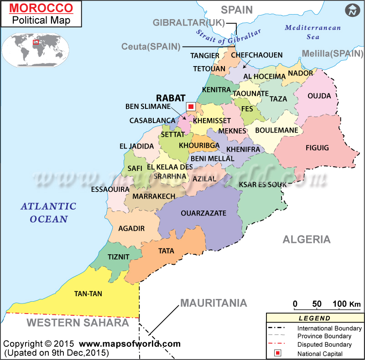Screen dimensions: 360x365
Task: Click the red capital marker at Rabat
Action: pos(191,106)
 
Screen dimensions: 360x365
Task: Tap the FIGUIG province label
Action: pos(317,148)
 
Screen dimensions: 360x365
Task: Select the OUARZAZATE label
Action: pos(203,213)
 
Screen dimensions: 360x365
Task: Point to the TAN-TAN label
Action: pos(88,294)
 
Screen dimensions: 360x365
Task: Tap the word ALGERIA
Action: pos(306,239)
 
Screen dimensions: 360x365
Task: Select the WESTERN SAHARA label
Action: pos(78,323)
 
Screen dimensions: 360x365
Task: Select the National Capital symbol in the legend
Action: pos(277,353)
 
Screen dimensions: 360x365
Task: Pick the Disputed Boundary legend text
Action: pos(324,345)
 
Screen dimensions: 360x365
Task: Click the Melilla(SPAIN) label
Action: pos(332,53)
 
